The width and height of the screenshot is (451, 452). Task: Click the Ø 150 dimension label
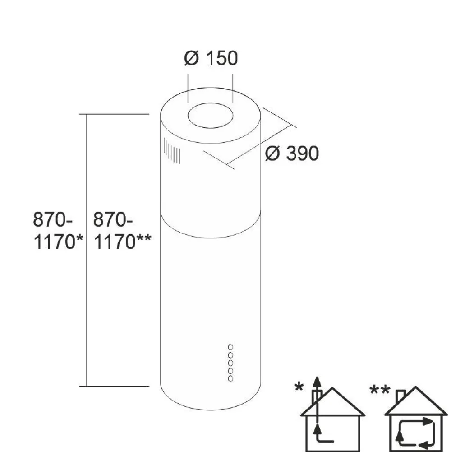[x=211, y=58]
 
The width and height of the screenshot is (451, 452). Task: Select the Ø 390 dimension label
[x=292, y=153]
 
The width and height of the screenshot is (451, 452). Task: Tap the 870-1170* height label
[x=58, y=231]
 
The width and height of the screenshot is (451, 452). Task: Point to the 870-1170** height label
[x=122, y=231]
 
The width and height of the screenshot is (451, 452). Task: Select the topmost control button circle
[x=230, y=347]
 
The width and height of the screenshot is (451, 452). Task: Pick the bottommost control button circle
[x=230, y=378]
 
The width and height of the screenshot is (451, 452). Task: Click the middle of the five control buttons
[x=230, y=363]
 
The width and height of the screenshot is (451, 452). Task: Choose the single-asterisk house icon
[x=333, y=415]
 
